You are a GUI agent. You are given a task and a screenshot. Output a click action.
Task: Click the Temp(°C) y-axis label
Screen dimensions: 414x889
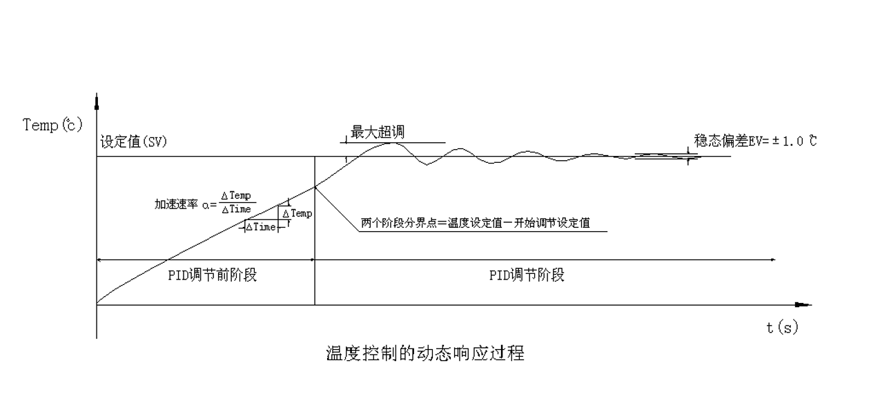tap(52, 125)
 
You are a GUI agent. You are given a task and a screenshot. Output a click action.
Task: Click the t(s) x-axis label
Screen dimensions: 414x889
tap(782, 328)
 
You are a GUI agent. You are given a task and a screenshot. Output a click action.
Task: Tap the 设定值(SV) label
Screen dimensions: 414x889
tap(133, 142)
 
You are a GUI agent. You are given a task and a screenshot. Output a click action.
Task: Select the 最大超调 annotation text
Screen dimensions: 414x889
tap(378, 132)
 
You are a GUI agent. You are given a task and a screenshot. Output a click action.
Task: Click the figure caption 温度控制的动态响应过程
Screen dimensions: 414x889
tap(424, 354)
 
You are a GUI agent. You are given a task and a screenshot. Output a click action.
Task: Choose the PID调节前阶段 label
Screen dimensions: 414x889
tap(213, 275)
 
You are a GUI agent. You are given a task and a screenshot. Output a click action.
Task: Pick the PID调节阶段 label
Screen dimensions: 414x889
tap(527, 275)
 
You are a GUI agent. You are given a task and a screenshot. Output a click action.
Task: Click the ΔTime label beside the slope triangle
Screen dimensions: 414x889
tap(261, 227)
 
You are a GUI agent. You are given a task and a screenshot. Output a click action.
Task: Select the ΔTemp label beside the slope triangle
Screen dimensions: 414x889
tap(297, 213)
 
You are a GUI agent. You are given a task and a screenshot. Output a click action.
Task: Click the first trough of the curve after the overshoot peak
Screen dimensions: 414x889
tap(428, 164)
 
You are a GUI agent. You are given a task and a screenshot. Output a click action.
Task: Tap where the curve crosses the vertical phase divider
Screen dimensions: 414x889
tap(315, 186)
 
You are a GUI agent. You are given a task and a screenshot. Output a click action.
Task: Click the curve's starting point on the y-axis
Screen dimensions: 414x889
tap(97, 302)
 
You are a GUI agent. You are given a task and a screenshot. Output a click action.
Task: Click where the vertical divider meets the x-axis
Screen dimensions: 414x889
tap(315, 304)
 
